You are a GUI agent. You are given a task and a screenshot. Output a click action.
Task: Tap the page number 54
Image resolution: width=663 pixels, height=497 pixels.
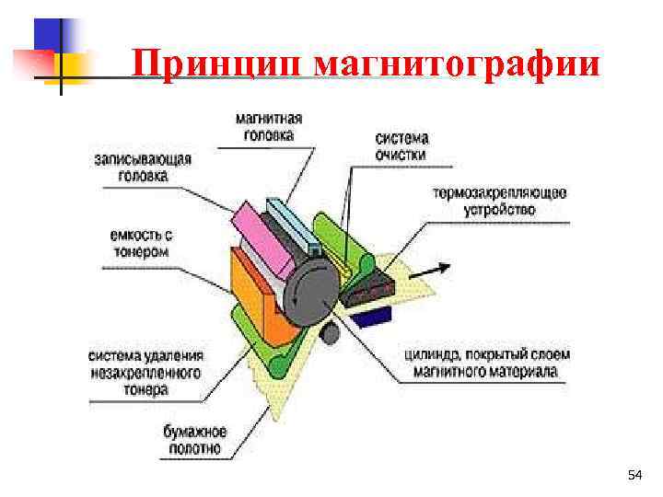[634, 475]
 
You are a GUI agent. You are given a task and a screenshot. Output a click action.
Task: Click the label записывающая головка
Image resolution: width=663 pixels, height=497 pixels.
[143, 167]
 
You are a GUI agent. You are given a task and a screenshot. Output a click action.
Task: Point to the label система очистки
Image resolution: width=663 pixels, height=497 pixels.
[401, 146]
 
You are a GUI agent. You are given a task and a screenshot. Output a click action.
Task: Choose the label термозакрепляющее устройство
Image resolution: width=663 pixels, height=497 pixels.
[499, 202]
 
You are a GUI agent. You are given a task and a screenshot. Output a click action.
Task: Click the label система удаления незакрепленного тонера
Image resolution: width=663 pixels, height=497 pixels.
[146, 372]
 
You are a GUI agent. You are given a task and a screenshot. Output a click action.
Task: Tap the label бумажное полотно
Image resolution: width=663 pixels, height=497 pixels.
[193, 439]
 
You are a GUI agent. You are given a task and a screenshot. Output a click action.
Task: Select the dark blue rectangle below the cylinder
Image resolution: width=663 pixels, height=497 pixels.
[375, 318]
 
